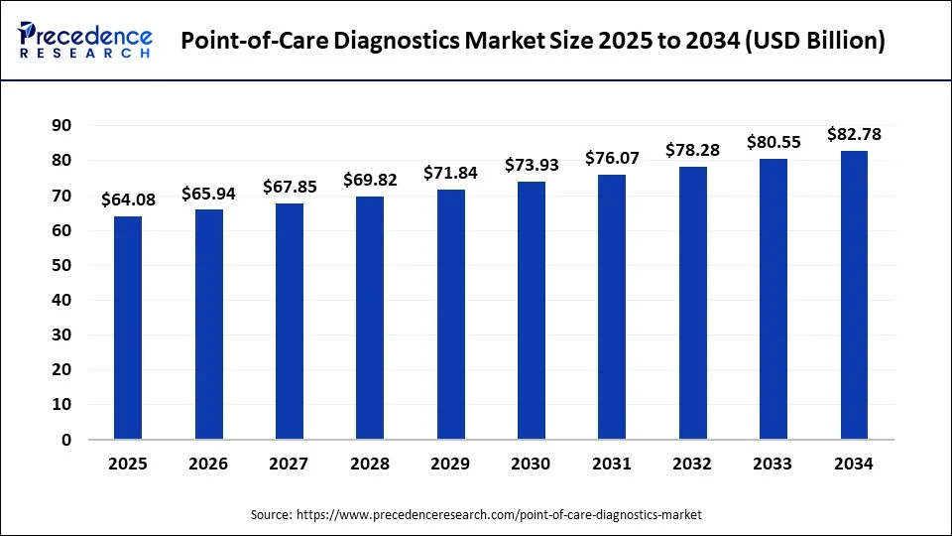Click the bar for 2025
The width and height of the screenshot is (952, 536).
click(x=128, y=328)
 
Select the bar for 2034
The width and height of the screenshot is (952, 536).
click(x=854, y=295)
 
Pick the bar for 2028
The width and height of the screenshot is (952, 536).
click(x=370, y=318)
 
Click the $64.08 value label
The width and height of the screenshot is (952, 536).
click(x=128, y=201)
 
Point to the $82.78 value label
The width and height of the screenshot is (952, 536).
click(x=854, y=134)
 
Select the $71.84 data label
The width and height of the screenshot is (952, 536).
click(x=450, y=173)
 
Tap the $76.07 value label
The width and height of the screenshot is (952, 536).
click(x=612, y=158)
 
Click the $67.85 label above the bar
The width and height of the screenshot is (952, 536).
click(x=290, y=187)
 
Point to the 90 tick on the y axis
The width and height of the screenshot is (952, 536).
click(x=63, y=126)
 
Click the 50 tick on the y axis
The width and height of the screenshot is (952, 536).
click(x=63, y=265)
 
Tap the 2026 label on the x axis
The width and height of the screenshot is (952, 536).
click(x=208, y=464)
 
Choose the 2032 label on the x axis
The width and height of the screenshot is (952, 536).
click(x=692, y=464)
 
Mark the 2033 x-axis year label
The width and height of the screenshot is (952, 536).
click(x=773, y=464)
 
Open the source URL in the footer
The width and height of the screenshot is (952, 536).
click(x=500, y=515)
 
